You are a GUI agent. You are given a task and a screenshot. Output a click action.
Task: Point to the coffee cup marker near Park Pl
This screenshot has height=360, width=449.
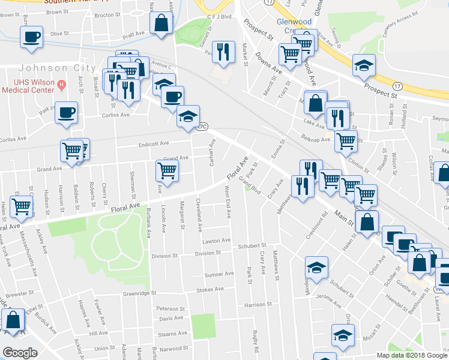pos(66,112)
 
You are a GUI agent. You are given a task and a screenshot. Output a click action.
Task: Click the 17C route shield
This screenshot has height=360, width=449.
pos(203,127)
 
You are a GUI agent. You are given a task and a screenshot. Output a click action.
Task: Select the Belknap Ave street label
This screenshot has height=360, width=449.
pos(317,140)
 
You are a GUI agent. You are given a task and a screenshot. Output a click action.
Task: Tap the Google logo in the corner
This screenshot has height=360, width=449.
pos(20,353)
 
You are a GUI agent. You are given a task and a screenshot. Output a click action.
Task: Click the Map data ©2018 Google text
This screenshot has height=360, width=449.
pos(412,355)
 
